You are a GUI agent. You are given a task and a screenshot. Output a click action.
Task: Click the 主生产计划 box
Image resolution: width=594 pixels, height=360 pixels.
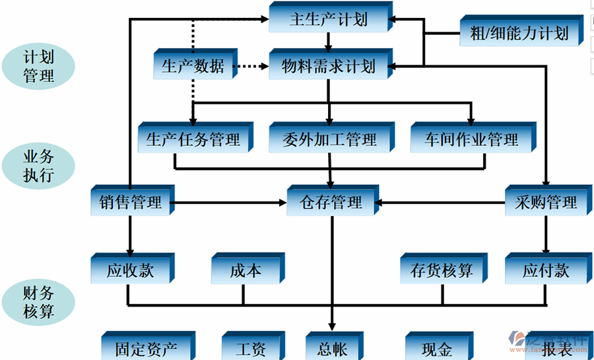(328, 18)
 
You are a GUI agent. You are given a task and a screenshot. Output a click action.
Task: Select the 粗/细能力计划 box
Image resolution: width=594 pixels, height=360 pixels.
(519, 33)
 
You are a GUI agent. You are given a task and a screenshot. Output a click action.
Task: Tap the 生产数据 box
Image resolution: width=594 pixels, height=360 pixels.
(193, 66)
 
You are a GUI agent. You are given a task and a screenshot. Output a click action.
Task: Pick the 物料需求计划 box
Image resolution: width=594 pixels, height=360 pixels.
(328, 66)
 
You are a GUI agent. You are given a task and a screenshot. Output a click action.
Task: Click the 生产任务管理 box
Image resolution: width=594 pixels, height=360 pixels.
(193, 139)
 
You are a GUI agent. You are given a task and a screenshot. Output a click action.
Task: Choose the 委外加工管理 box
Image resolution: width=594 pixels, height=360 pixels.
(329, 139)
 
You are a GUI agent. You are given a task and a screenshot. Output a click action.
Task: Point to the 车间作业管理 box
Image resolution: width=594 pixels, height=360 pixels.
(471, 139)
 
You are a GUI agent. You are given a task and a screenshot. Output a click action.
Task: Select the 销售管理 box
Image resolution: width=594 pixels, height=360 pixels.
(130, 203)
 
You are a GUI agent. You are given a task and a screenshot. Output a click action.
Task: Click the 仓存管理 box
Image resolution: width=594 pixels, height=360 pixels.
(331, 202)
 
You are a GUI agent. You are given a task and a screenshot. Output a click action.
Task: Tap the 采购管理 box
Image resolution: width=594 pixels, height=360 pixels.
(545, 202)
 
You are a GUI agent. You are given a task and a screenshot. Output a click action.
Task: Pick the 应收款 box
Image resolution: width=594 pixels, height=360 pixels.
(130, 270)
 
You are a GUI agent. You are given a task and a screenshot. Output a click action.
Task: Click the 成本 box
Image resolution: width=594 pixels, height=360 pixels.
(246, 270)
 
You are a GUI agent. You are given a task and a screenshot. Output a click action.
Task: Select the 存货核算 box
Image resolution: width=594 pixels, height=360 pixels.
(441, 270)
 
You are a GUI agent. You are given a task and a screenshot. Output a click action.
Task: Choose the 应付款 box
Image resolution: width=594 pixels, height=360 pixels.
(545, 270)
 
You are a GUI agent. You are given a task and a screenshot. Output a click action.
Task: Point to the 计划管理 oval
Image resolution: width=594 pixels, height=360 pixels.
(38, 66)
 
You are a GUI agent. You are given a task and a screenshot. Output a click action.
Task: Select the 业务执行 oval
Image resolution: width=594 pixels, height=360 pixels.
(38, 166)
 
